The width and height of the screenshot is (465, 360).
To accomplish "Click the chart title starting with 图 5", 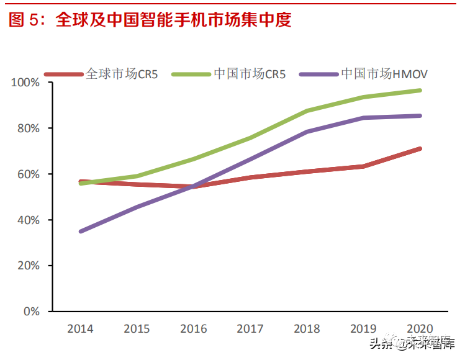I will (150, 20).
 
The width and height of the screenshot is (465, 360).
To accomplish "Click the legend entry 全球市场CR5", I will (122, 74).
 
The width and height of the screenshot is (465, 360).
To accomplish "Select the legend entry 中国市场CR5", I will (249, 74).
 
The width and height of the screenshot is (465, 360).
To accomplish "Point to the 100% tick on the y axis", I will (26, 83).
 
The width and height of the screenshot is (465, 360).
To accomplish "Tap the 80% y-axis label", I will (29, 128).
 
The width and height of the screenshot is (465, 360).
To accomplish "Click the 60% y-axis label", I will (29, 174).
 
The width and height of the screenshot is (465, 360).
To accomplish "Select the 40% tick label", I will (29, 220).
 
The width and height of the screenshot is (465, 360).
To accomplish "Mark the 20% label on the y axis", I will (29, 266).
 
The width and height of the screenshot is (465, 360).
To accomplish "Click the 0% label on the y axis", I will (32, 312).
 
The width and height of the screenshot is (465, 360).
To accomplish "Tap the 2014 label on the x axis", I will (81, 329).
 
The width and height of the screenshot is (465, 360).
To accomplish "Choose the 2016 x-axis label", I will (194, 329).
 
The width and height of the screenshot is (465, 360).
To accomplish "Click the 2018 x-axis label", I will (307, 329).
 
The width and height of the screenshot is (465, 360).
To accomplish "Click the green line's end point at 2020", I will (420, 91).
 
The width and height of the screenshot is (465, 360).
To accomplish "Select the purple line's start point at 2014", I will (81, 232).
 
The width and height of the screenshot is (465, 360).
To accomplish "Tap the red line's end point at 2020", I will (420, 149).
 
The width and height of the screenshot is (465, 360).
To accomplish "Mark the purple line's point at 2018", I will (307, 132).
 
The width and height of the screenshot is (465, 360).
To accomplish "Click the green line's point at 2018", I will (307, 111).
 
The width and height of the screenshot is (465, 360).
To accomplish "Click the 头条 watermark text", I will (379, 344).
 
